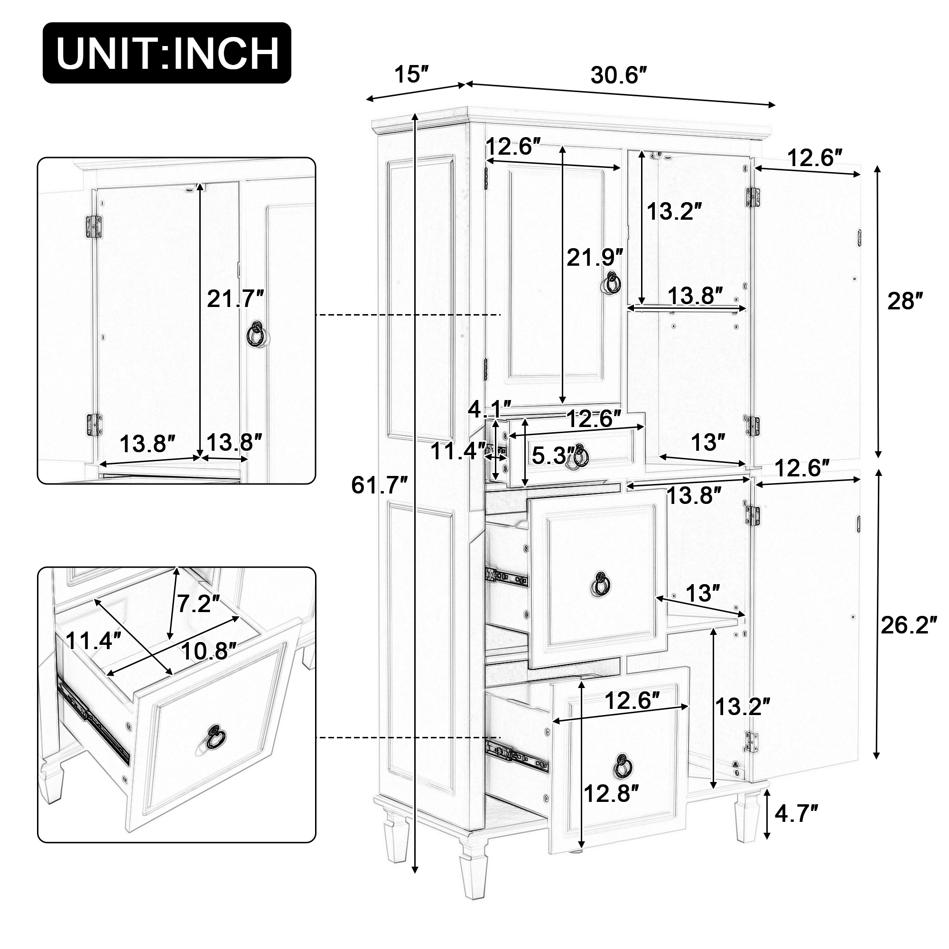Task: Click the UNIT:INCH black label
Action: (167, 53)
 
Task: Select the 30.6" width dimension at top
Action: (618, 75)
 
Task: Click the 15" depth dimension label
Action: (411, 74)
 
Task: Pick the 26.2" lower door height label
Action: (908, 625)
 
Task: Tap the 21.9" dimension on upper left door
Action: (595, 257)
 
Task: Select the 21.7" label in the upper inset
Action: (235, 298)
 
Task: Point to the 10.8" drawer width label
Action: (209, 652)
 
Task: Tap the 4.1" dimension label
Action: (489, 409)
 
